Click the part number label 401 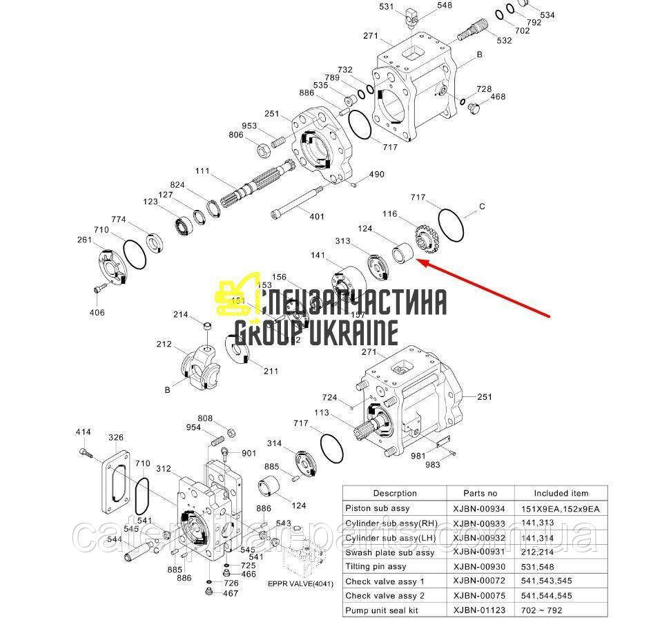pyautogui.click(x=316, y=217)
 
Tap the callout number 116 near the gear pyautogui.click(x=390, y=215)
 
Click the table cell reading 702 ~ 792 pyautogui.click(x=561, y=610)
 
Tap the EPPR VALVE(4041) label pyautogui.click(x=300, y=583)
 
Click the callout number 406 pyautogui.click(x=97, y=313)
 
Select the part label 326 pyautogui.click(x=116, y=438)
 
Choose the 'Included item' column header pyautogui.click(x=561, y=493)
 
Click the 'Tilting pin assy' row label pyautogui.click(x=377, y=567)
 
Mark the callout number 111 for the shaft pyautogui.click(x=202, y=171)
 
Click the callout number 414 pyautogui.click(x=83, y=433)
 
